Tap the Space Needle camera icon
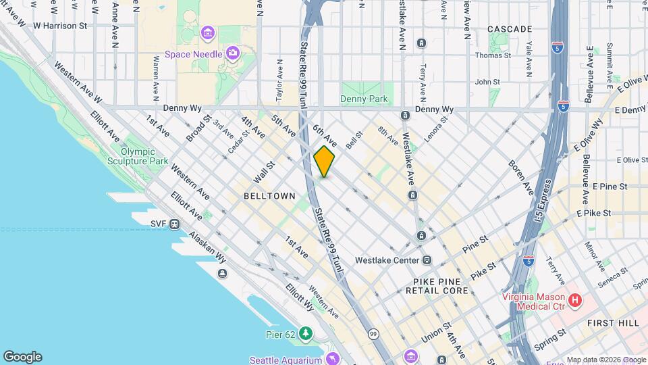[x=232, y=52]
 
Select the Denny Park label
[x=364, y=99]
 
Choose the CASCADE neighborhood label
[x=510, y=29]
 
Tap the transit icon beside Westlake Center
[x=427, y=260]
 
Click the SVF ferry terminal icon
[x=174, y=224]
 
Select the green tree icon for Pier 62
[x=306, y=333]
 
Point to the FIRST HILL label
[x=612, y=323]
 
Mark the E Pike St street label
[x=593, y=213]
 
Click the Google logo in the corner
[x=22, y=357]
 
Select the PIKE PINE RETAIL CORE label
[x=437, y=285]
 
